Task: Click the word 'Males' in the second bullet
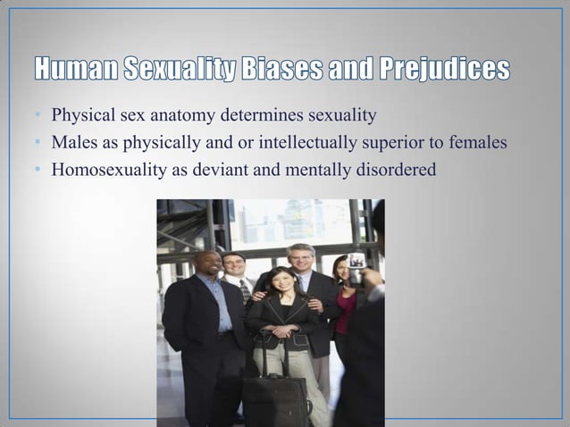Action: [x=72, y=142]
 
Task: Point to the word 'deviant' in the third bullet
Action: [x=205, y=167]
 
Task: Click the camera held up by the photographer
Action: [x=356, y=265]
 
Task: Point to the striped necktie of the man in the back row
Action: [x=244, y=291]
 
